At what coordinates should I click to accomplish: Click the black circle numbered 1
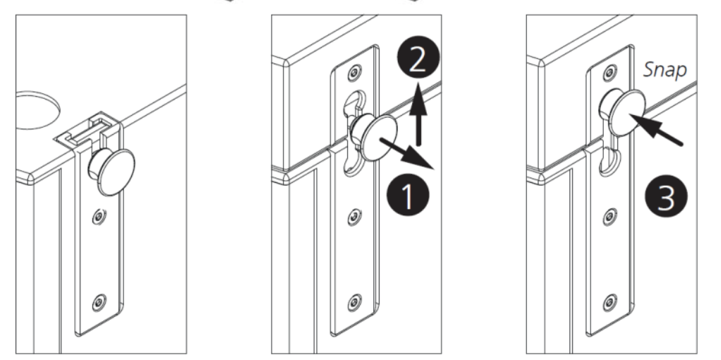coord(408,196)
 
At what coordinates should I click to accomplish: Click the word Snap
coord(665,69)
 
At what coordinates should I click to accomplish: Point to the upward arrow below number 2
coord(418,114)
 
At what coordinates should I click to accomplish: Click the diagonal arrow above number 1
coord(406,153)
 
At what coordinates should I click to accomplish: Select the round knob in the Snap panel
coord(622,112)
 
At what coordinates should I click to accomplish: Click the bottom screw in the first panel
coord(99,302)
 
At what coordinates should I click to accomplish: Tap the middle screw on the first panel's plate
coord(99,216)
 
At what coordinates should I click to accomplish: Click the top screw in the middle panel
coord(354,72)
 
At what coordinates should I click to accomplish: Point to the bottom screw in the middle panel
coord(354,302)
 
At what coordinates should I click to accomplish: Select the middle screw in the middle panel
coord(354,216)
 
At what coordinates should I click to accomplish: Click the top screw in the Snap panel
coord(610,72)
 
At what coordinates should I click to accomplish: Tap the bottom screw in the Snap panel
coord(610,302)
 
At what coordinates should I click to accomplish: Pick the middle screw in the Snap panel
coord(610,216)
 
